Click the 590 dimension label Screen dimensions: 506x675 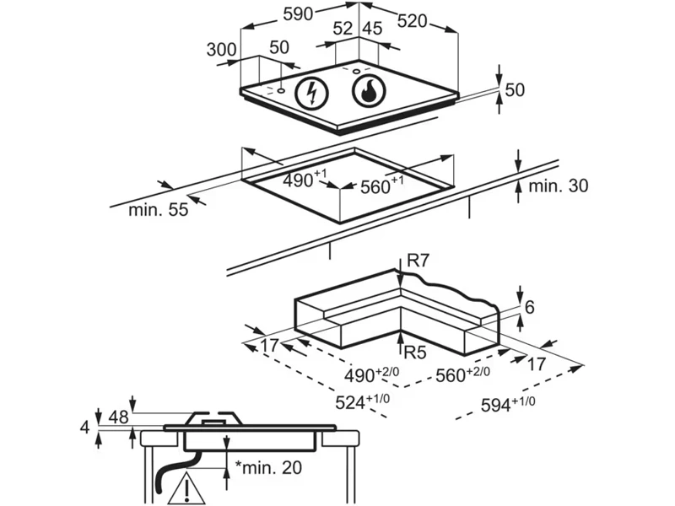tap(297, 13)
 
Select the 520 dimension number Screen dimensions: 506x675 tap(413, 22)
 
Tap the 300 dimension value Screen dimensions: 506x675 tap(221, 50)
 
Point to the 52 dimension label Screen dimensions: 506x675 tap(343, 28)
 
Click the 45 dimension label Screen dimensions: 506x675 tap(371, 28)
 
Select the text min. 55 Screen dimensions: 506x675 tap(158, 210)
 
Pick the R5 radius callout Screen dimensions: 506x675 tap(415, 351)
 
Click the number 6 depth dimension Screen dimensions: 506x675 tap(529, 308)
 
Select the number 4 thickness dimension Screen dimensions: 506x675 tap(84, 428)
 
